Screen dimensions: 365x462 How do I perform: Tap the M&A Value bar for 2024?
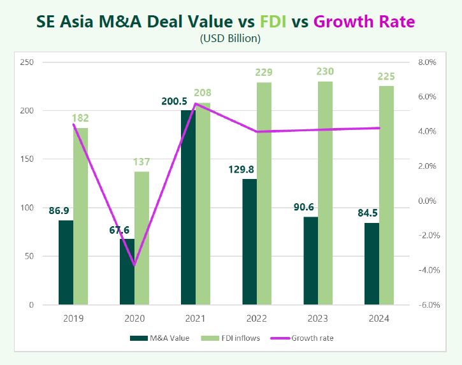pyautogui.click(x=372, y=264)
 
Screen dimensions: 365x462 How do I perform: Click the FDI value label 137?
pyautogui.click(x=141, y=162)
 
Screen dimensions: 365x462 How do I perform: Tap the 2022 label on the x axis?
pyautogui.click(x=256, y=317)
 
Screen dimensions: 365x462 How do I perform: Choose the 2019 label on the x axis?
pyautogui.click(x=73, y=317)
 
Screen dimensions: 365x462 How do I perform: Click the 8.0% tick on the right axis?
pyautogui.click(x=426, y=62)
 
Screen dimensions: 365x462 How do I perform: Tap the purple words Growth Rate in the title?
pyautogui.click(x=364, y=22)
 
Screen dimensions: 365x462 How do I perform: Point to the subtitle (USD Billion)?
pyautogui.click(x=231, y=39)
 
